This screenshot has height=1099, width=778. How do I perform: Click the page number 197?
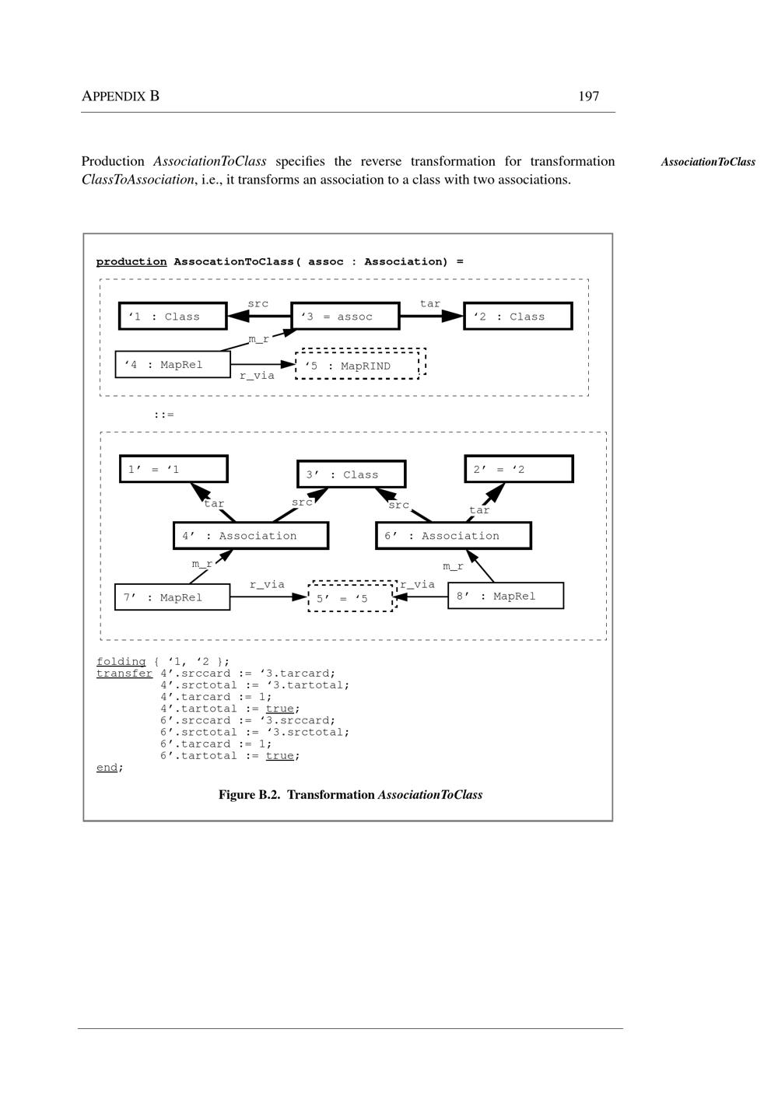click(588, 96)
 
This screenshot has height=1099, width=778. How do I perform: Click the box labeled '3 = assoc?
click(345, 317)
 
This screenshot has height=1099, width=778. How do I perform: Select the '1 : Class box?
click(173, 317)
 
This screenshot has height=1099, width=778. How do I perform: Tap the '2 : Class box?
click(517, 317)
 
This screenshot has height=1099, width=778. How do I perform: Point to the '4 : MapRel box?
click(173, 364)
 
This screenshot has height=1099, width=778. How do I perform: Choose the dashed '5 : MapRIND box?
click(358, 365)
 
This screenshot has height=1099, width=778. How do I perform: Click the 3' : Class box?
click(351, 474)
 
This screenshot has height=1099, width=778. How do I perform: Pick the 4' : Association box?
click(251, 536)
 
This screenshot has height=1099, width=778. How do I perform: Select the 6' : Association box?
click(453, 536)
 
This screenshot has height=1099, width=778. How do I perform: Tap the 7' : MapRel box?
click(172, 597)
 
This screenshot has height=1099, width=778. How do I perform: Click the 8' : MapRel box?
click(505, 596)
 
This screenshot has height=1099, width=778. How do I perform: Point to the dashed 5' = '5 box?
click(351, 597)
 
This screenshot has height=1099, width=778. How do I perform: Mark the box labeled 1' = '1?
click(173, 469)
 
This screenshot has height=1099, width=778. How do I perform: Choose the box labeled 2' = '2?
click(518, 469)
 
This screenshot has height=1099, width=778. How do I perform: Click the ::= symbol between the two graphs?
click(163, 415)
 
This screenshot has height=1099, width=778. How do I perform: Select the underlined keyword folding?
click(121, 662)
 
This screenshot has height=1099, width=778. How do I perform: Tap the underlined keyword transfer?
click(124, 674)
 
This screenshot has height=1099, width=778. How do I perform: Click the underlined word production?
click(131, 261)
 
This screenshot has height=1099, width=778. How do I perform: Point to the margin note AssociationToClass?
click(708, 162)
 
